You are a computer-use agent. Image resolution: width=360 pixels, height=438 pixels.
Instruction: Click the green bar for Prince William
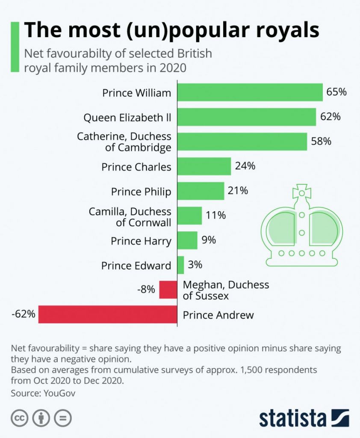pyautogui.click(x=250, y=92)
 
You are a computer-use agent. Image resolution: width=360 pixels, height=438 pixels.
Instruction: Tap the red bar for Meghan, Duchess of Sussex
pyautogui.click(x=168, y=290)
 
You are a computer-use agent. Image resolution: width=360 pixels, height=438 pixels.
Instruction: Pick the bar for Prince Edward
pyautogui.click(x=180, y=265)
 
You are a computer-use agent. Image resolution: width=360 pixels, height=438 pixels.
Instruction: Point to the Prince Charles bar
pyautogui.click(x=204, y=166)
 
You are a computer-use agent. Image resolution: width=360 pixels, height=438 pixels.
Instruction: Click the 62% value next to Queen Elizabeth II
pyautogui.click(x=330, y=116)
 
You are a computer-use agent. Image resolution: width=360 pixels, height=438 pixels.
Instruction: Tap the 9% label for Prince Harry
pyautogui.click(x=209, y=240)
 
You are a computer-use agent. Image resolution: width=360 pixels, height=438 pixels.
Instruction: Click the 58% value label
pyautogui.click(x=321, y=141)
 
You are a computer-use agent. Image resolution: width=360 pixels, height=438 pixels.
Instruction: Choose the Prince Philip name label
pyautogui.click(x=141, y=192)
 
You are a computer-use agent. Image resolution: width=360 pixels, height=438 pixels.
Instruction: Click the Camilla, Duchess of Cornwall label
pyautogui.click(x=130, y=217)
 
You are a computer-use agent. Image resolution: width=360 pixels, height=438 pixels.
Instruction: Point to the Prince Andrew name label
pyautogui.click(x=218, y=316)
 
